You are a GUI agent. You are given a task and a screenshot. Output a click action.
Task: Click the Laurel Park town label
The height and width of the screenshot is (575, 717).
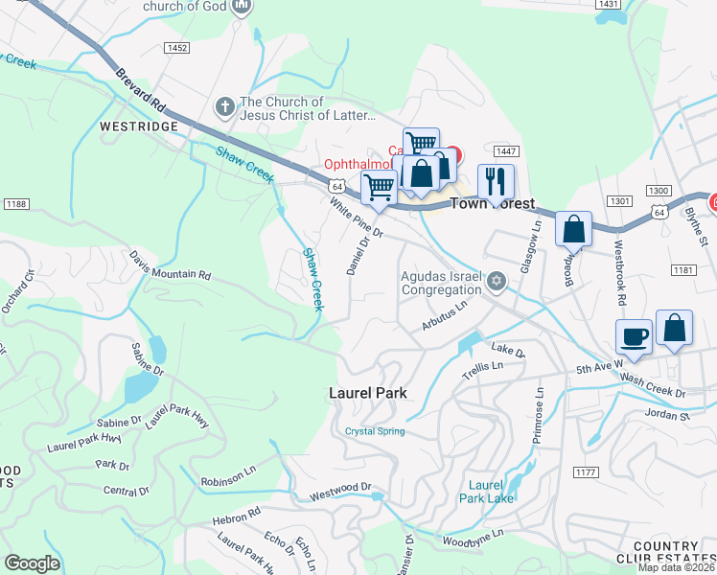coord(367,393)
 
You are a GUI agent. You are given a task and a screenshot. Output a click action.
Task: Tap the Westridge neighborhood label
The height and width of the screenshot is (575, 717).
coord(139,126)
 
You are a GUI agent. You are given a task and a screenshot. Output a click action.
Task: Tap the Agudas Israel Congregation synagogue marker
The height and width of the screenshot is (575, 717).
coord(496,281)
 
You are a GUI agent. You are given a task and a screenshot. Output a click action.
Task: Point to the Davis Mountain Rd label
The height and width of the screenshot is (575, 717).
coord(170,267)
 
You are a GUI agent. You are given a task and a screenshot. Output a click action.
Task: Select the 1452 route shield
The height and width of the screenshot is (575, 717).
coord(176,47)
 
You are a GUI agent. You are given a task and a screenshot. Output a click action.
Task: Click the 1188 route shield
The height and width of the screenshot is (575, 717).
coord(15,203)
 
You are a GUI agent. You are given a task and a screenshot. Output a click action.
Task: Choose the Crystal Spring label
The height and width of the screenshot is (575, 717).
coord(375,431)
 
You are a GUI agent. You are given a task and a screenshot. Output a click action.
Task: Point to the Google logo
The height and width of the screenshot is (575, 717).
coord(32,563)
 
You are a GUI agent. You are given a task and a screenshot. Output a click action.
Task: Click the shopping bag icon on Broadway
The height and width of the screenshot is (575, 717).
coord(573,229)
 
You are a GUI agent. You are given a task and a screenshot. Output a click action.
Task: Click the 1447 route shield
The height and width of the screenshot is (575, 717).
coord(507,151)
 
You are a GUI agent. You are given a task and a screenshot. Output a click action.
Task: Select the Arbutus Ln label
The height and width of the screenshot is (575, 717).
coord(443,317)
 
